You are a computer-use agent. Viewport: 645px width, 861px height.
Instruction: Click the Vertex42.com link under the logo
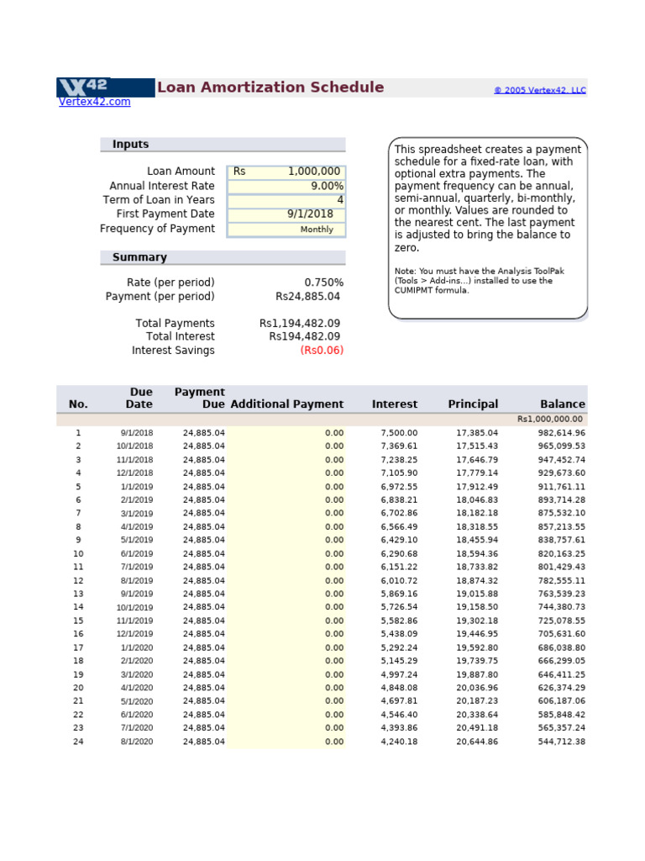(x=94, y=102)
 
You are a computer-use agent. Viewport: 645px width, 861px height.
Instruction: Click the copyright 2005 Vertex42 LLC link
(x=539, y=90)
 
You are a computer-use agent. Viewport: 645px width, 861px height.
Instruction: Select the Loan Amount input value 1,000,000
(x=314, y=172)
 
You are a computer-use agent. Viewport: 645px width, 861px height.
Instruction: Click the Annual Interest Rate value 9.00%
(x=327, y=186)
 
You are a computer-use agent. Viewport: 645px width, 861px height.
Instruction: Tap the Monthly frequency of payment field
(x=317, y=230)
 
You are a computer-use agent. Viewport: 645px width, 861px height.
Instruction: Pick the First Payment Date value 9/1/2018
(x=310, y=214)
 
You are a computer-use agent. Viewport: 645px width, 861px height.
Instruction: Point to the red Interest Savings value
(x=322, y=351)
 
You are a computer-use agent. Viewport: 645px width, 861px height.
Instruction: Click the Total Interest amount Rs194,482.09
(x=304, y=336)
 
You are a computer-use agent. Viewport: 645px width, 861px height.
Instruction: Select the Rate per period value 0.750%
(x=323, y=283)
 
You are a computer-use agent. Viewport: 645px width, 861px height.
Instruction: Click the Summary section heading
(x=139, y=257)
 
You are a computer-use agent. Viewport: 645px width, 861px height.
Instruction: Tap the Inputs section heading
(x=130, y=145)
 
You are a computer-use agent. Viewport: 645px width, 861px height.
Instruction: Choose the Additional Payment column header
(x=286, y=404)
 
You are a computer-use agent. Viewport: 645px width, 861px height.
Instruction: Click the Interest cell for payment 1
(x=399, y=433)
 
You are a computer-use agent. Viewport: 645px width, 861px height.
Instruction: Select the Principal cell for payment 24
(x=477, y=742)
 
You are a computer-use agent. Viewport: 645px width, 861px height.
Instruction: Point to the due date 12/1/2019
(x=135, y=634)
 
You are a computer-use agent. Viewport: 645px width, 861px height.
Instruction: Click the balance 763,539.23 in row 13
(x=562, y=594)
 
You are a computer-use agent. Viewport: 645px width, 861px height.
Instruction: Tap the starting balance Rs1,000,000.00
(x=551, y=419)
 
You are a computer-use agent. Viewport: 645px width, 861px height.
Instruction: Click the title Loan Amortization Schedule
(x=270, y=87)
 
